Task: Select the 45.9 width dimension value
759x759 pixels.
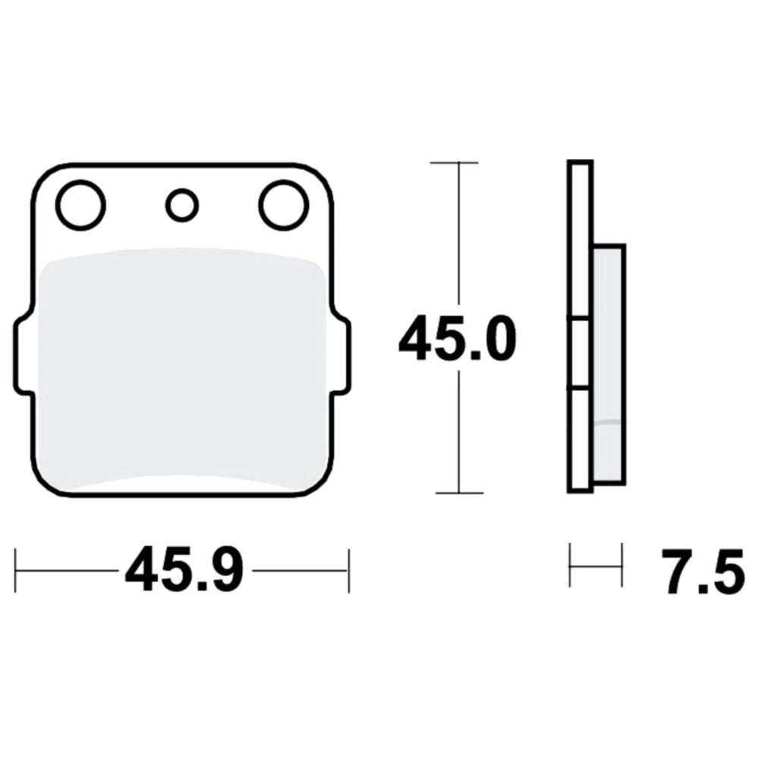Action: coord(184,569)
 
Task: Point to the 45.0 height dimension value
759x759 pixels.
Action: coord(458,338)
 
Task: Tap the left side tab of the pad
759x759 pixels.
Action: coord(24,355)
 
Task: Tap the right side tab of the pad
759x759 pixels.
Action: coord(340,355)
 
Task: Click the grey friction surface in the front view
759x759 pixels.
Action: coord(182,368)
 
